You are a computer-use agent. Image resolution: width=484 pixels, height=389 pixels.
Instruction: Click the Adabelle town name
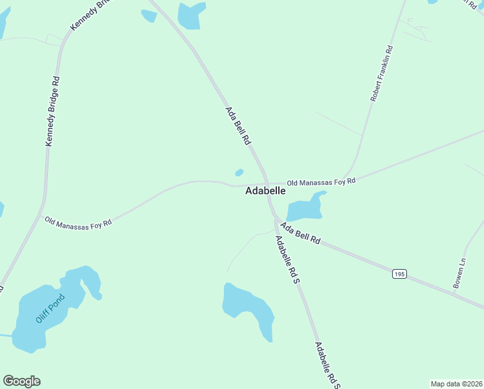pos(265,191)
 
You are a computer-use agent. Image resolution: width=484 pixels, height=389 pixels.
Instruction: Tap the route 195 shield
pos(399,274)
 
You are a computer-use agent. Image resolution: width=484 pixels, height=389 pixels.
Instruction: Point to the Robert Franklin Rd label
pos(381,73)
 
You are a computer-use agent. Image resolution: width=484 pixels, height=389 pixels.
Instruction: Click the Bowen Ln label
pos(459,274)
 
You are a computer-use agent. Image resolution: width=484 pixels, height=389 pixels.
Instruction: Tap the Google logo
pos(21,381)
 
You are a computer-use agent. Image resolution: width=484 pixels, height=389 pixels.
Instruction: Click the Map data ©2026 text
pos(456,384)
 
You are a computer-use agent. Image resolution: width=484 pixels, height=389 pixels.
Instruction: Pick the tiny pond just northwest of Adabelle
pos(239,172)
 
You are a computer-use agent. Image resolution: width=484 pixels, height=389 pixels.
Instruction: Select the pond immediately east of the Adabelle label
pos(304,208)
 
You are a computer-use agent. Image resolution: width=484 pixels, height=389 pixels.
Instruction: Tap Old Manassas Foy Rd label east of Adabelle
pos(322,183)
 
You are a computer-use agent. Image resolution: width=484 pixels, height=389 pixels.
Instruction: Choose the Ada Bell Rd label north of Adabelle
pos(237,126)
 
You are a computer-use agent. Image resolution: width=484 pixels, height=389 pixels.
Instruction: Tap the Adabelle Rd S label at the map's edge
pos(327,365)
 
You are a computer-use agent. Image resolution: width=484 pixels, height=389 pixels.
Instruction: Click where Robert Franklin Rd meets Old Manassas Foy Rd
pos(349,176)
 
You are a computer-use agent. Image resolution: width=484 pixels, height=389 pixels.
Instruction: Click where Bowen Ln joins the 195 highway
pos(454,292)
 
